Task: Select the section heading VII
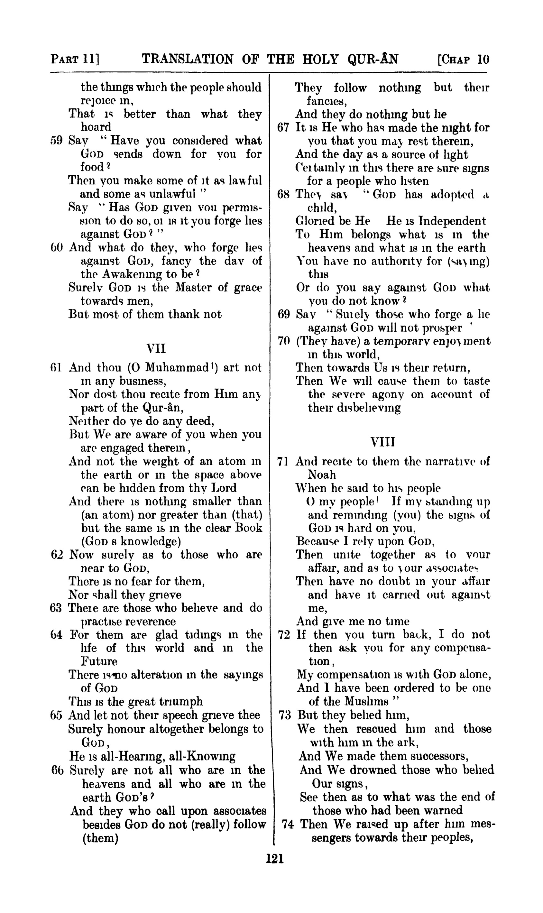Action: click(x=156, y=348)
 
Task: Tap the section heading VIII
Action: click(x=383, y=442)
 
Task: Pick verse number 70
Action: click(x=284, y=341)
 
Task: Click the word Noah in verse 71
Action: click(x=322, y=475)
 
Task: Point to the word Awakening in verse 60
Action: click(x=133, y=274)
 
